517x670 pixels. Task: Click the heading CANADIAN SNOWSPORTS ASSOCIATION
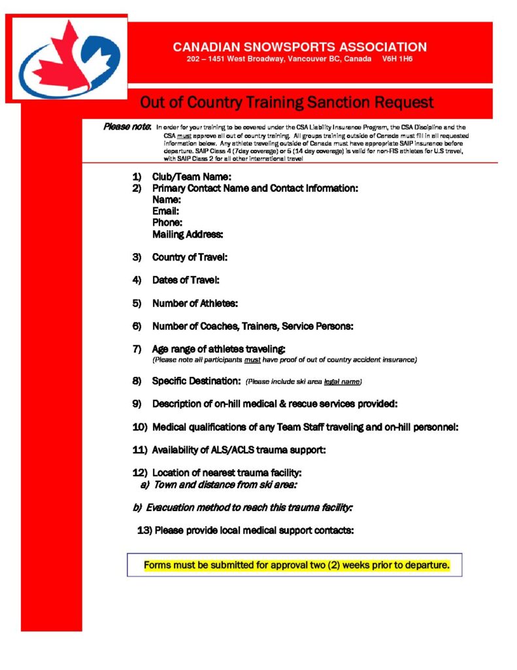299,47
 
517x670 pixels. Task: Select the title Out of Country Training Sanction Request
287,103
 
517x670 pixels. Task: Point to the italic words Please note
127,126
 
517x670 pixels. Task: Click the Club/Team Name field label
192,177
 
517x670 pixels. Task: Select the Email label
166,211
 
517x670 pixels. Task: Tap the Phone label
167,222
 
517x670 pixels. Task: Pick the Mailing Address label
188,234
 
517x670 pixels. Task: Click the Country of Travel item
190,257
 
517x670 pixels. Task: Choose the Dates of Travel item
186,280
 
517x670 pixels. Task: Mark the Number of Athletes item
195,303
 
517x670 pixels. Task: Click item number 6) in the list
137,326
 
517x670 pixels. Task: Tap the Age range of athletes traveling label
219,349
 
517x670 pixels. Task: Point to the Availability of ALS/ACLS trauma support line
239,450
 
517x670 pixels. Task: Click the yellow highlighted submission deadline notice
297,565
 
